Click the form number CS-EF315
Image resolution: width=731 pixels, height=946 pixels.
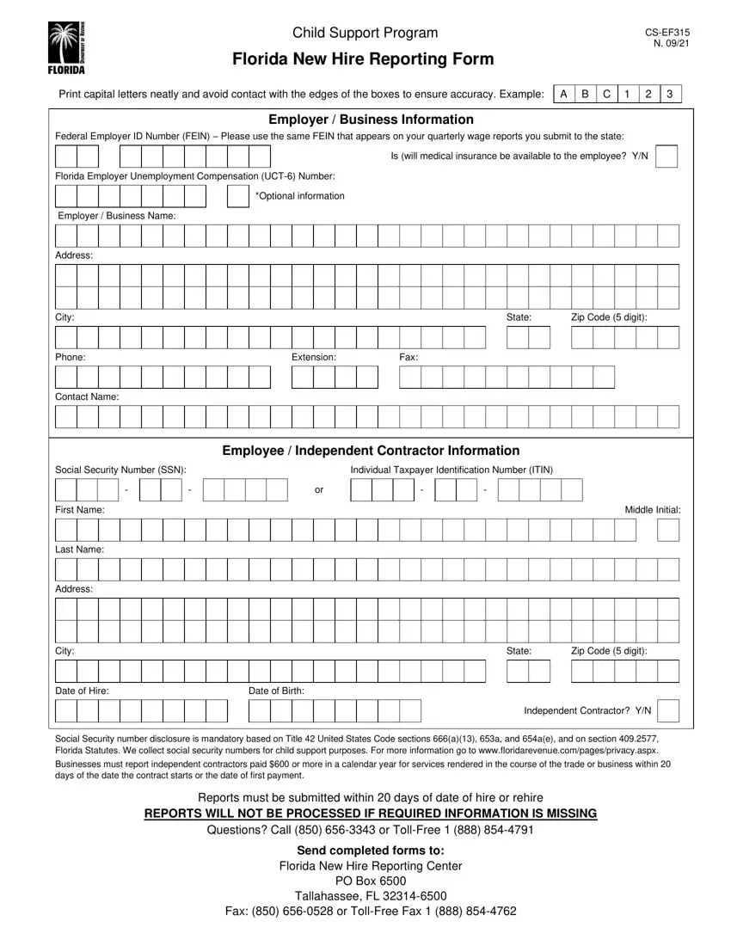point(667,33)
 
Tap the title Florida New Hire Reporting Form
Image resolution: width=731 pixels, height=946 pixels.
point(364,59)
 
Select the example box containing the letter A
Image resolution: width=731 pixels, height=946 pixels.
point(563,94)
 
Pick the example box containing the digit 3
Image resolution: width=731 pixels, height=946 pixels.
point(670,94)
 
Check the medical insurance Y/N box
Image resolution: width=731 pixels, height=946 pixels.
point(666,157)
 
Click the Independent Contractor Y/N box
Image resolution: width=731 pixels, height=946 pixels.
point(668,711)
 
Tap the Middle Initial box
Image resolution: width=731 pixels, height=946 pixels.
point(668,530)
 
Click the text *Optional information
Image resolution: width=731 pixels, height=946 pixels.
point(300,196)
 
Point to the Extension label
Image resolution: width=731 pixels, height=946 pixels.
point(313,357)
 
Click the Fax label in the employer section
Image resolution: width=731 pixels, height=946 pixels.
point(409,357)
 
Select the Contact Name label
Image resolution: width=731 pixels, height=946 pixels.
point(87,396)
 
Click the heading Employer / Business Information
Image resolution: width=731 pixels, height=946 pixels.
point(371,120)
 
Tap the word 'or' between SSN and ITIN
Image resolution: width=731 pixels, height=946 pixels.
point(319,490)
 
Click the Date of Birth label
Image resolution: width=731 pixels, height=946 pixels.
point(276,691)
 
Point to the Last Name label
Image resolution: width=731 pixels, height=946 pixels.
point(80,549)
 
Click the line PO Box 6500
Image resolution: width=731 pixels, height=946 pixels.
point(371,881)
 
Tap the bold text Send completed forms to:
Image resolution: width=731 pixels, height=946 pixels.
point(371,850)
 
